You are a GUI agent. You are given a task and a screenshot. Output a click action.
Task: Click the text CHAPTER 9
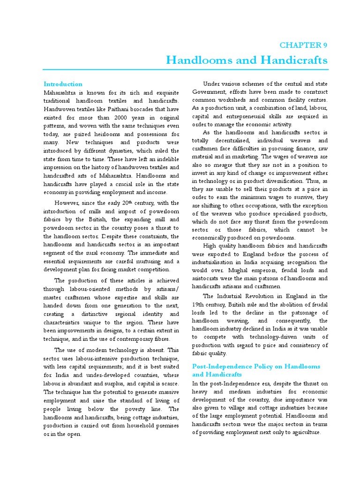(x=303, y=45)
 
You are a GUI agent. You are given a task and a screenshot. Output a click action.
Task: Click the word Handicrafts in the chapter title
(x=294, y=60)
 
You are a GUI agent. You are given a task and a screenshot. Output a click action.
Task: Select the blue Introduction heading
(x=63, y=84)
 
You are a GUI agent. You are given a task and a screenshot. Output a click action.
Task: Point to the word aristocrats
(x=208, y=278)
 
